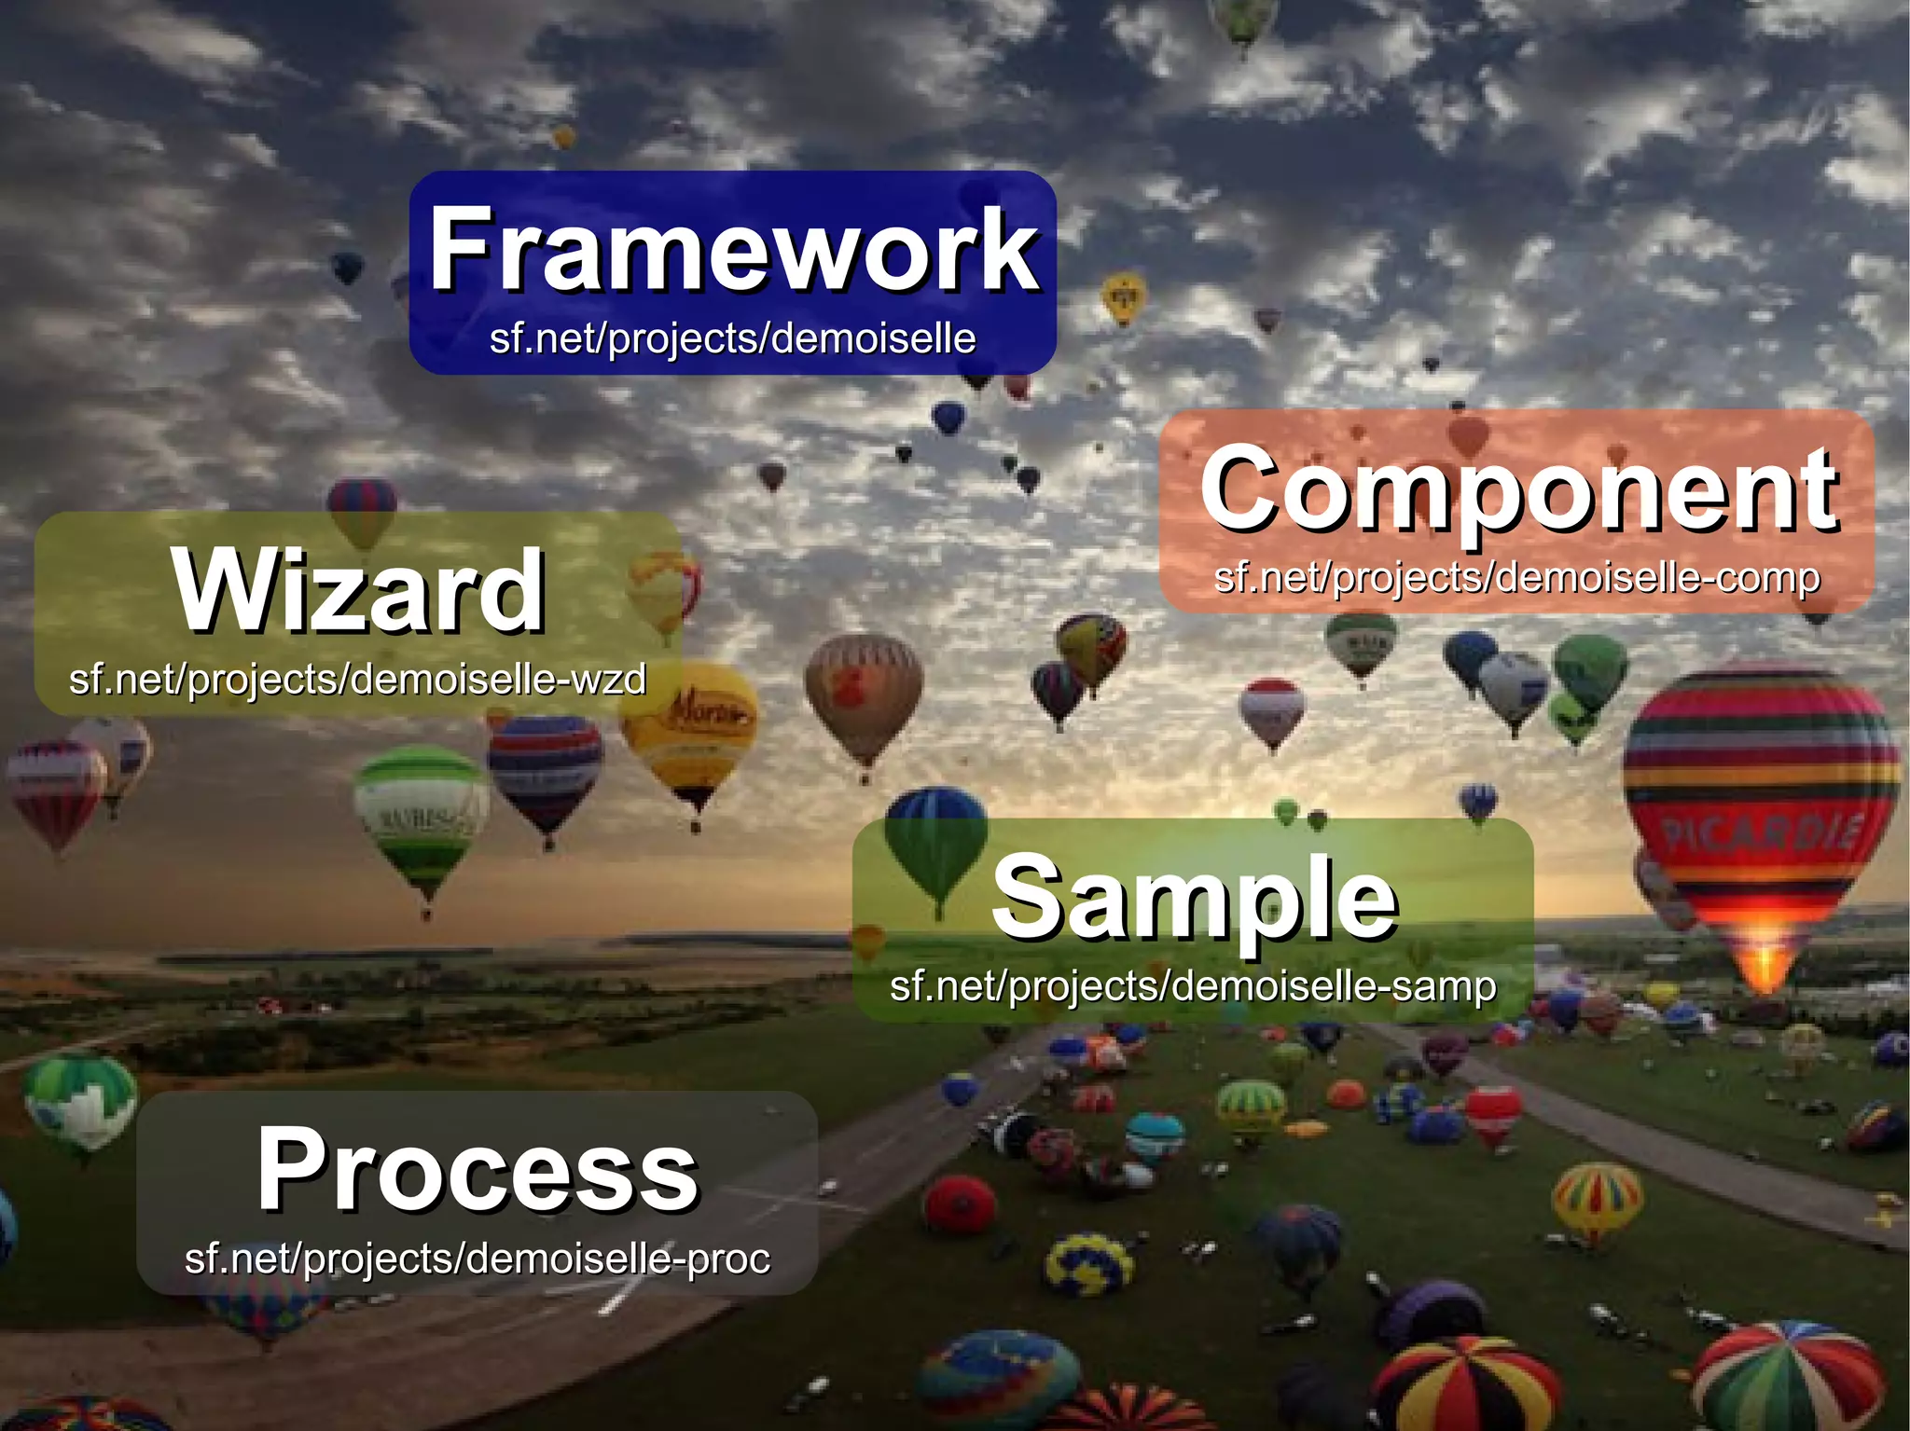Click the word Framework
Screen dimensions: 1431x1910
click(x=733, y=250)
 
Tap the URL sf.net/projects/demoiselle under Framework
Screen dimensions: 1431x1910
click(x=733, y=337)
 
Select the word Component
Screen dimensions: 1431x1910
click(x=1518, y=488)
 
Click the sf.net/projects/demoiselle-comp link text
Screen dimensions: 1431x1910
click(x=1516, y=578)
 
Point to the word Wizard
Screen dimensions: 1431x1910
click(x=358, y=591)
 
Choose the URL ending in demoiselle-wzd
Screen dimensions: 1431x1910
click(x=357, y=679)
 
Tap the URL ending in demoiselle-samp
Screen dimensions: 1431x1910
click(x=1193, y=986)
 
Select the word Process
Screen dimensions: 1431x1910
click(x=477, y=1169)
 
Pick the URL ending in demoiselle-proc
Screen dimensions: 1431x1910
click(x=477, y=1259)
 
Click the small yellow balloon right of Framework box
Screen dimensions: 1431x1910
click(x=1124, y=296)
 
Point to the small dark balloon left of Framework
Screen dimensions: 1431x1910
click(x=347, y=268)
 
